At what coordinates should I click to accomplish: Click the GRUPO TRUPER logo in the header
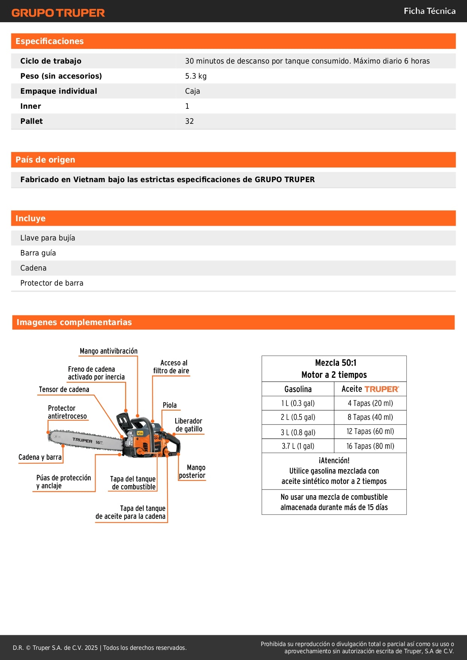click(58, 13)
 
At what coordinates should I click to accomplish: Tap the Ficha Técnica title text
click(429, 11)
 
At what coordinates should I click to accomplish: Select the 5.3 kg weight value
click(196, 76)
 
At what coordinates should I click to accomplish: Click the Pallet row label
click(32, 121)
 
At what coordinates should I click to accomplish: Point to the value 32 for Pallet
click(189, 121)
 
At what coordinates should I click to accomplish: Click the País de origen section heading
click(45, 160)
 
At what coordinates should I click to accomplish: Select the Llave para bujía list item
click(48, 238)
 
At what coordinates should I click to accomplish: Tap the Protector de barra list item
click(52, 283)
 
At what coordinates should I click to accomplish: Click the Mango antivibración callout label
click(108, 351)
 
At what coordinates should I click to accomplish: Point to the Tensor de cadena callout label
click(64, 389)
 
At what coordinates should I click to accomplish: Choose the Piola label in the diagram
click(169, 405)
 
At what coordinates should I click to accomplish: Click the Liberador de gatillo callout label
click(189, 425)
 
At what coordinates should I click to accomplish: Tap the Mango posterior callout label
click(192, 471)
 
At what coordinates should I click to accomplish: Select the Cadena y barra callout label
click(40, 457)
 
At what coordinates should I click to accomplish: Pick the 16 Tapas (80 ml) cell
click(370, 446)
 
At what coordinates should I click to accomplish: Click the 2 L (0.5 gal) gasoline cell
click(298, 417)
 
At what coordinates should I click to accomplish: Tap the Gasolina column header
click(298, 389)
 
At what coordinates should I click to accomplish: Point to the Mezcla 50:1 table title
click(336, 363)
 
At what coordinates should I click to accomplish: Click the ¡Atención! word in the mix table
click(334, 461)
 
